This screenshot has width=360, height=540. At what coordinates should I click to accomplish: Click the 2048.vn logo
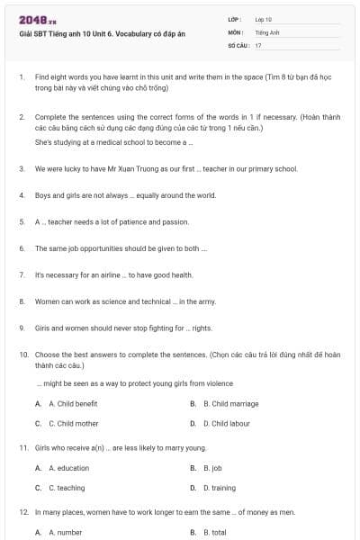(37, 20)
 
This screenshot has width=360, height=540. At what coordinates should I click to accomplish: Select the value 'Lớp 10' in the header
(264, 19)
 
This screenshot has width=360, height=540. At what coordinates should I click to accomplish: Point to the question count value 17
(258, 45)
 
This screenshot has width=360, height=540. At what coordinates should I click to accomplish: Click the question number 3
(21, 168)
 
